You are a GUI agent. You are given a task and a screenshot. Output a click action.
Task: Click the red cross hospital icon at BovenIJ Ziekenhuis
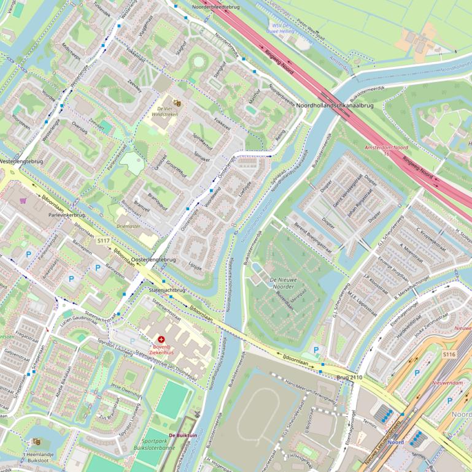(161, 339)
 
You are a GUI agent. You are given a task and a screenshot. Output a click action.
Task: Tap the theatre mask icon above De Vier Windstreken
(177, 104)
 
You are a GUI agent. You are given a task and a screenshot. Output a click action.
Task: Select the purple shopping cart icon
(23, 200)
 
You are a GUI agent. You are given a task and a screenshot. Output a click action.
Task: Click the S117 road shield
(103, 242)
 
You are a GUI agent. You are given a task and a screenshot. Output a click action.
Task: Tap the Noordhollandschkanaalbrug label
(335, 105)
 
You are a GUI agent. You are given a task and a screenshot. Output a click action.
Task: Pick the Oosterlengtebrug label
(154, 260)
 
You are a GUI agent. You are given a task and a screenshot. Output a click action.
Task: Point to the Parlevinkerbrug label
(61, 216)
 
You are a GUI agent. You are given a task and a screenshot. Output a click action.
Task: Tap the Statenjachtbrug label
(167, 289)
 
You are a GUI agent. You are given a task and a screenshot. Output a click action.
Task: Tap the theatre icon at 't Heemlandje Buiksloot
(36, 441)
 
